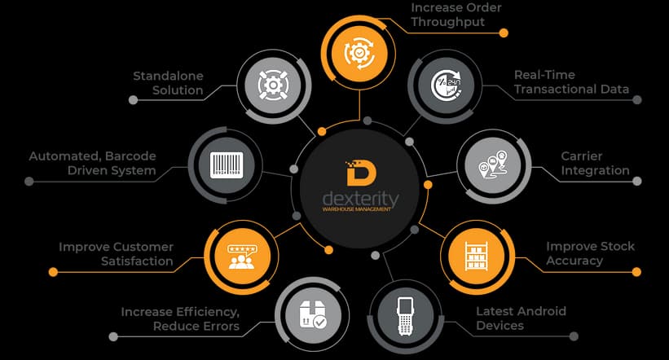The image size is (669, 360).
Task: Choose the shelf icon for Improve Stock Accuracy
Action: click(476, 256)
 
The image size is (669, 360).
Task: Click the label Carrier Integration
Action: click(595, 163)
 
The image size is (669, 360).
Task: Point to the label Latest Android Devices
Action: click(521, 318)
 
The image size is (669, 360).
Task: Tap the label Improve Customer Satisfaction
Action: click(116, 254)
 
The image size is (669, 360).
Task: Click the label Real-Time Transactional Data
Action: click(571, 82)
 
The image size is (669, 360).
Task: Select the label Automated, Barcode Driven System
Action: click(92, 163)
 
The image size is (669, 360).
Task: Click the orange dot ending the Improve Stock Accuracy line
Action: click(637, 271)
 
